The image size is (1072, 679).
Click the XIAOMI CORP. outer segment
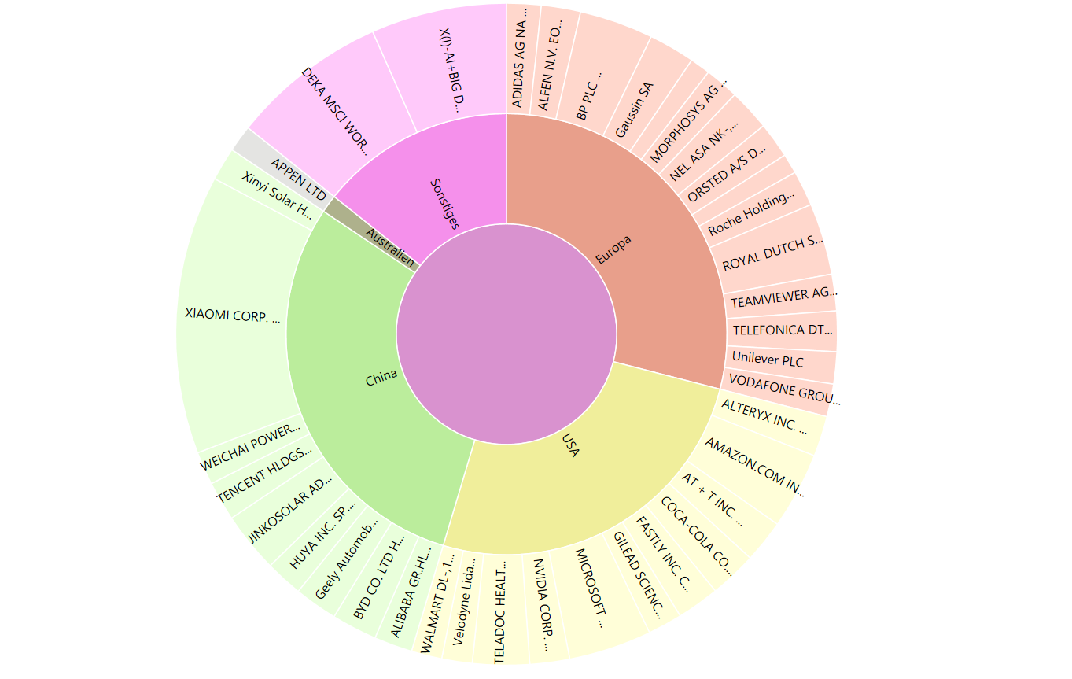pos(233,315)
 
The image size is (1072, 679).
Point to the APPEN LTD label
pos(298,179)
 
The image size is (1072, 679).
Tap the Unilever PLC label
pos(768,360)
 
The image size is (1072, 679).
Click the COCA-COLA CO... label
pos(695,536)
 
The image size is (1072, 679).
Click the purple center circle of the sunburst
pos(507,334)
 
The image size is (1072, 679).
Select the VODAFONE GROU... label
pos(784,390)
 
